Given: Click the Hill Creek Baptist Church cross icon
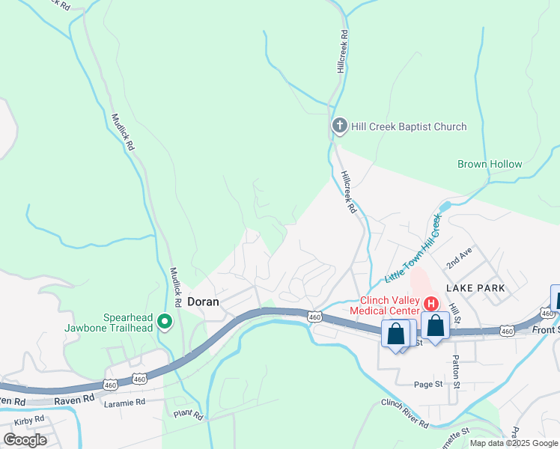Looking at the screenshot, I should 339,126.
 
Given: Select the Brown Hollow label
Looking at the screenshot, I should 490,164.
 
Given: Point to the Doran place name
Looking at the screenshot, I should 203,302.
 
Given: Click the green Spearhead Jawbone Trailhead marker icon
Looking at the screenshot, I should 165,323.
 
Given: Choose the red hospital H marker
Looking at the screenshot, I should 431,303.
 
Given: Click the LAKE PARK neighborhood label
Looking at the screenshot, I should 476,287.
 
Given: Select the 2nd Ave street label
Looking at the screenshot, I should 460,257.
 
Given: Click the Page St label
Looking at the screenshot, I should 428,384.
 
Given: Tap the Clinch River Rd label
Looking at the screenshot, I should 404,413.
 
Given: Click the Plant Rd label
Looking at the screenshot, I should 188,414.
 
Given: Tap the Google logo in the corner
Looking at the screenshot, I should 25,440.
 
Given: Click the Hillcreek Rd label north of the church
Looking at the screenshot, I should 343,51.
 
